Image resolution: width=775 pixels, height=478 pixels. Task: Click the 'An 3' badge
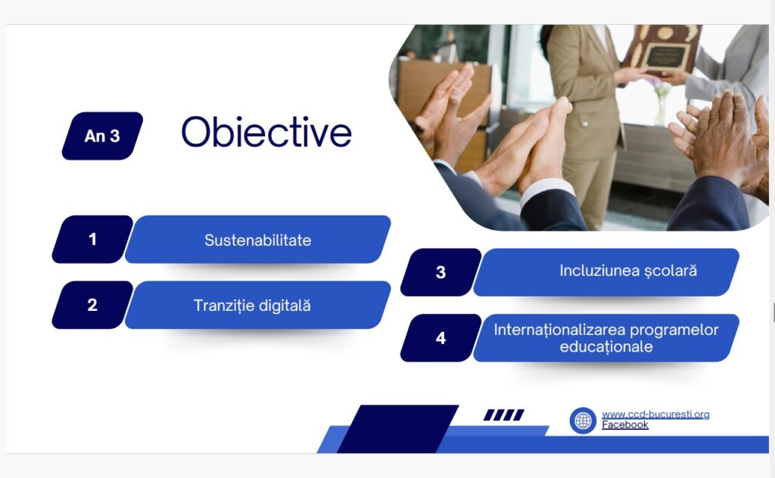[102, 136]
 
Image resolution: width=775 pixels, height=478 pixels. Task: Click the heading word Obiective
[266, 132]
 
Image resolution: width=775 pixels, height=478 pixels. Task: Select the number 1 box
[92, 239]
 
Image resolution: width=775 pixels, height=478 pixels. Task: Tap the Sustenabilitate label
[257, 240]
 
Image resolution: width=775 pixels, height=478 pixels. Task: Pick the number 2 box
[92, 305]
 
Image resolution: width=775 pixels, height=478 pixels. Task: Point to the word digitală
[285, 306]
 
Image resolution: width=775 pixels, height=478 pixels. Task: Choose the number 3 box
[441, 272]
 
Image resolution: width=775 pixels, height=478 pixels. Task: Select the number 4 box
[441, 338]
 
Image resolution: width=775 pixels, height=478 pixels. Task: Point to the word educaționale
[606, 346]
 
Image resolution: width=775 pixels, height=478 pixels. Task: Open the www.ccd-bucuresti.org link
[655, 414]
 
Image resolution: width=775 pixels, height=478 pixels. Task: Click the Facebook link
[624, 424]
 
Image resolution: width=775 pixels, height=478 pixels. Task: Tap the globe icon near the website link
[583, 421]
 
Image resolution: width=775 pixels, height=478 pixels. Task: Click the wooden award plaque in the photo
[661, 49]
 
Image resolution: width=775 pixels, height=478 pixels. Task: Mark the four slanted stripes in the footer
[503, 414]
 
